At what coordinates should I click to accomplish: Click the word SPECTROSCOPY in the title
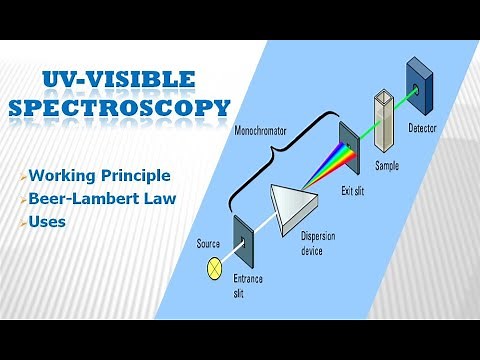(x=119, y=107)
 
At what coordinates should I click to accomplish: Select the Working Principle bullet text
(x=100, y=175)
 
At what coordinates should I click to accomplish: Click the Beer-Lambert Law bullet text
(x=104, y=198)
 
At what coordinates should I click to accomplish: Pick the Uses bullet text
(x=47, y=221)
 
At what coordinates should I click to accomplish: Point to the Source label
(x=209, y=243)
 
